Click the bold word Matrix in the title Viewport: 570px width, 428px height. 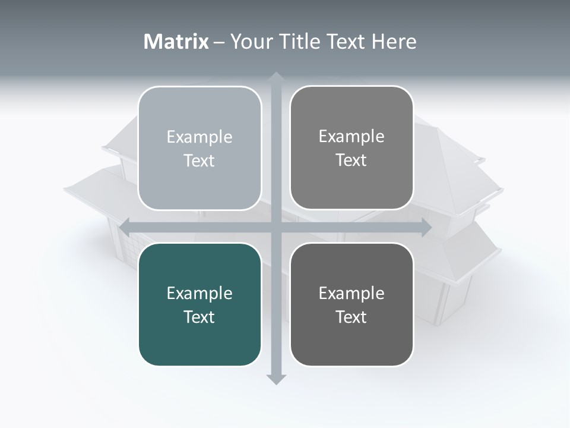pyautogui.click(x=176, y=42)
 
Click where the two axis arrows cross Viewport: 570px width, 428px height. pyautogui.click(x=275, y=227)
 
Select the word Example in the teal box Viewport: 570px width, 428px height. pyautogui.click(x=199, y=294)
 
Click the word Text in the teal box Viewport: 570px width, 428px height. pyautogui.click(x=199, y=317)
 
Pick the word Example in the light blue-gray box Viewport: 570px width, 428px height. pyautogui.click(x=199, y=137)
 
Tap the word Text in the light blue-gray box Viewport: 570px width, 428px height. pyautogui.click(x=199, y=160)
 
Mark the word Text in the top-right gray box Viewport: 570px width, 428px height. pyautogui.click(x=351, y=160)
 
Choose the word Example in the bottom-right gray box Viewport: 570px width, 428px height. pyautogui.click(x=351, y=293)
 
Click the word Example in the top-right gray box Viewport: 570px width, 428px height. pyautogui.click(x=351, y=137)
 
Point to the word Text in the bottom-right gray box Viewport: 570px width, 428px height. pyautogui.click(x=351, y=317)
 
